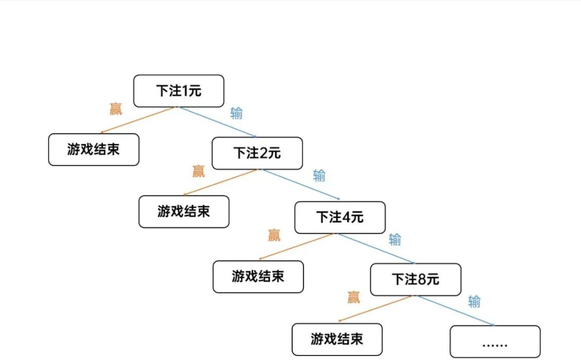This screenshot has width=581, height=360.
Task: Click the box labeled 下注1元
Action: click(178, 91)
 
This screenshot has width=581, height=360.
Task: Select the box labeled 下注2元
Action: click(257, 153)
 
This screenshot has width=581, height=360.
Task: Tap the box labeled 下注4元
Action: click(340, 217)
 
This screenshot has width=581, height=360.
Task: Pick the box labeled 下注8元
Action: click(416, 279)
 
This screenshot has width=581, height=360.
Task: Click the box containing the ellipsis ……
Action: click(495, 341)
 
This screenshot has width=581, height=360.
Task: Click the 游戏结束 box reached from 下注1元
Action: click(93, 150)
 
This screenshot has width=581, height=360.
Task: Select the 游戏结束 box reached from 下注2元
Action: click(184, 211)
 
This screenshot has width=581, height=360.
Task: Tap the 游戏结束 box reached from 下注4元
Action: click(258, 276)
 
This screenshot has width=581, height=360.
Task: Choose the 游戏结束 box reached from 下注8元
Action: click(337, 339)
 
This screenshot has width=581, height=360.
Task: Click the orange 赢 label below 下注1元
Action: click(116, 109)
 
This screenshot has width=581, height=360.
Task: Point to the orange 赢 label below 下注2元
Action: click(199, 171)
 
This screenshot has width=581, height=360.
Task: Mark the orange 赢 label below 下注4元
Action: click(274, 235)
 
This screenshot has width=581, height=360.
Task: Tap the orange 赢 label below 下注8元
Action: click(353, 297)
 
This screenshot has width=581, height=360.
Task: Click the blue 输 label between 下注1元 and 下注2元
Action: click(237, 113)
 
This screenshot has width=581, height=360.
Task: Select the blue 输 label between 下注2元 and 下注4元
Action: click(319, 176)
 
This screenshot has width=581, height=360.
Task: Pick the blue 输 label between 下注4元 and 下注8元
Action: click(395, 240)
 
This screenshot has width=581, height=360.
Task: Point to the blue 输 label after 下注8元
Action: click(474, 302)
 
